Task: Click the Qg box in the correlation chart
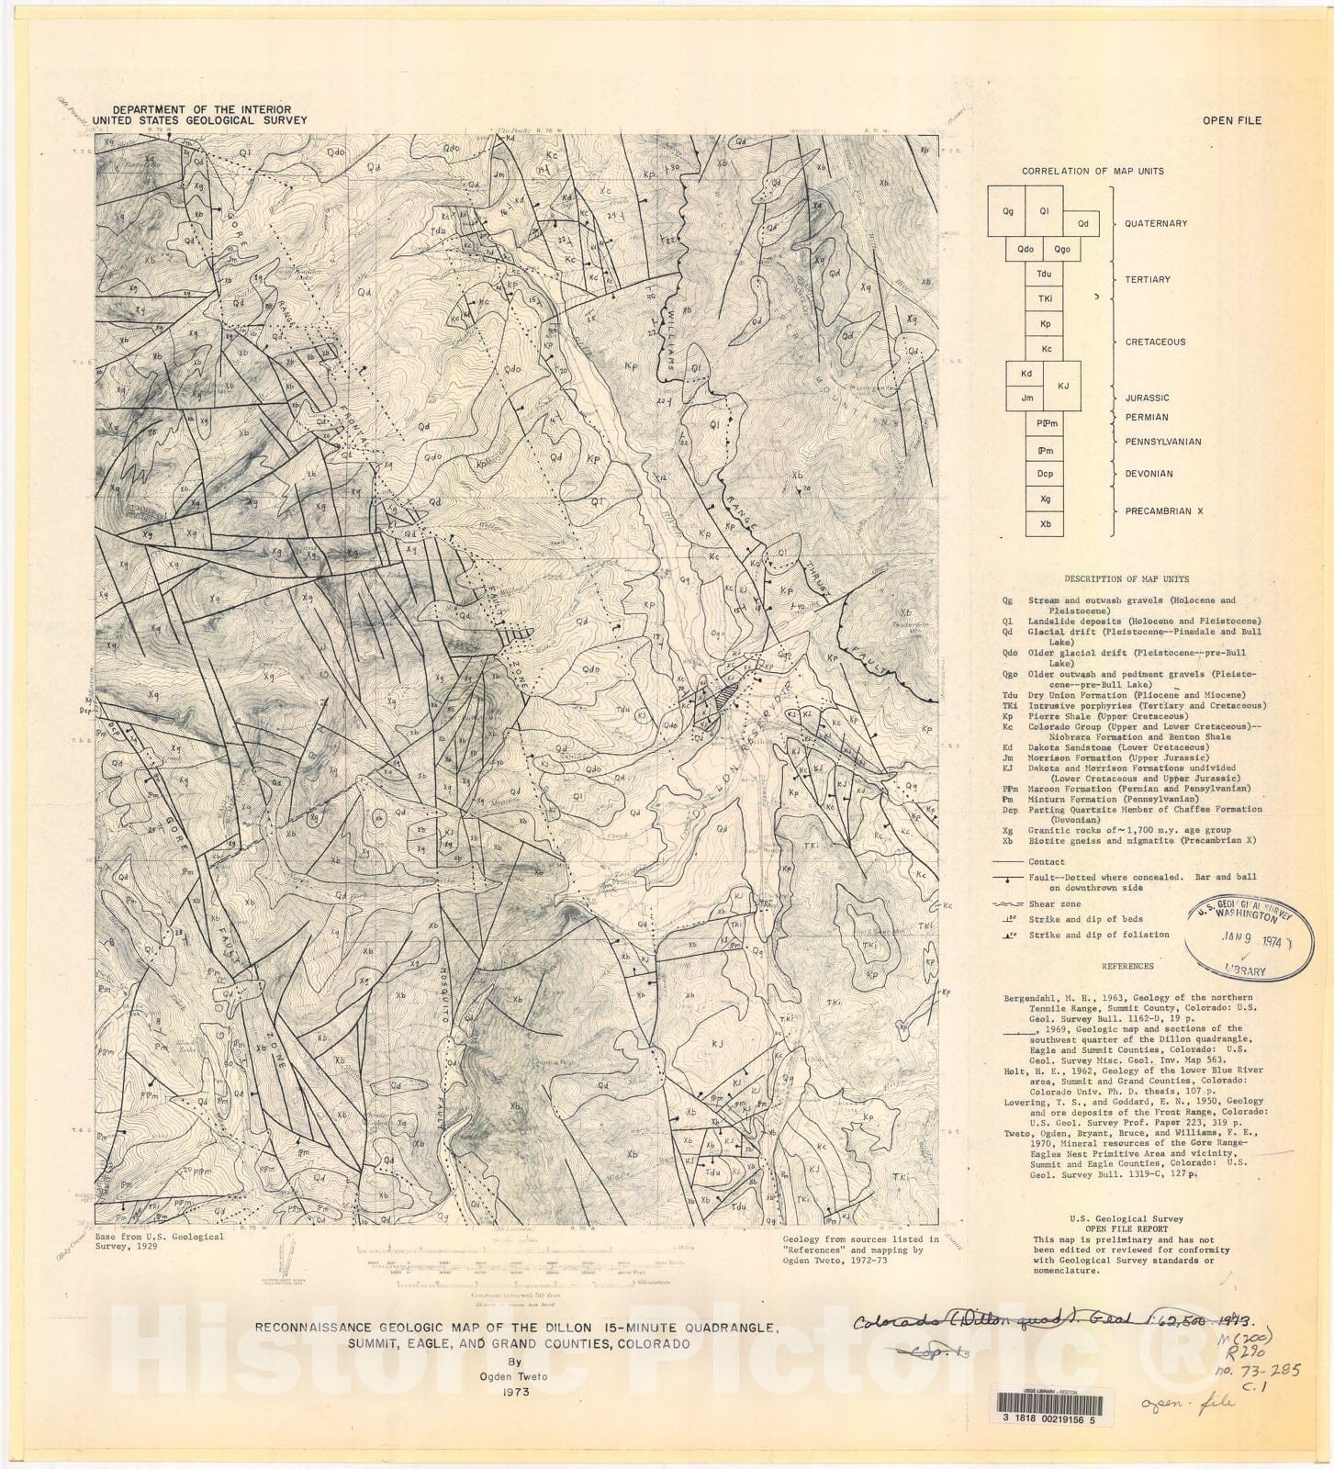[1007, 211]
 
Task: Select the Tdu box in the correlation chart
[1044, 274]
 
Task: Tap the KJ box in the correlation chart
[1063, 386]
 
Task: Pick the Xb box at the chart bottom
[1045, 523]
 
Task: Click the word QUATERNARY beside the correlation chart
[1156, 223]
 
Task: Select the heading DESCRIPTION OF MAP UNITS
[1126, 579]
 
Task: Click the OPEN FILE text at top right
[1232, 120]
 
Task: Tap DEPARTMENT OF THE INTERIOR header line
[201, 109]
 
